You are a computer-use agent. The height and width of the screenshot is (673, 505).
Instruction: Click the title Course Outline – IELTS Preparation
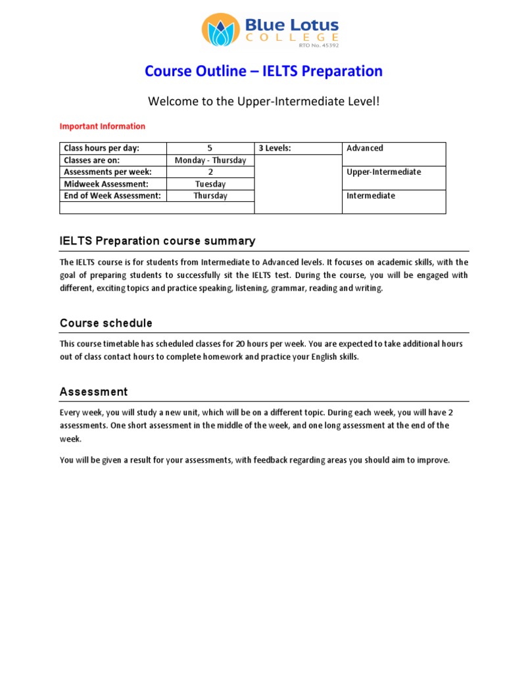[263, 71]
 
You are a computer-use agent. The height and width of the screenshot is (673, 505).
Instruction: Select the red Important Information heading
[103, 126]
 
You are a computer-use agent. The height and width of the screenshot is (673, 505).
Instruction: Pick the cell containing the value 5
[210, 149]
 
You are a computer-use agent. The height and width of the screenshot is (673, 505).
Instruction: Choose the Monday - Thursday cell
[210, 160]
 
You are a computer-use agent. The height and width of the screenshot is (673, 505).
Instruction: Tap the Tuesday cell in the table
[210, 184]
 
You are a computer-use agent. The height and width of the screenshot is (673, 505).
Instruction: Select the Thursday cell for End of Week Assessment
[210, 196]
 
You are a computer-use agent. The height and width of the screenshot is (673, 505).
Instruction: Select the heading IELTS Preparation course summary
[157, 241]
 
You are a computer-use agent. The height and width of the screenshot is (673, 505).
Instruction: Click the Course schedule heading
[106, 323]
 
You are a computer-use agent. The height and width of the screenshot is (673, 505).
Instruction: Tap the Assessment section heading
[93, 392]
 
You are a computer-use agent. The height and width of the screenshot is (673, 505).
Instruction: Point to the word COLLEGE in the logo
[292, 38]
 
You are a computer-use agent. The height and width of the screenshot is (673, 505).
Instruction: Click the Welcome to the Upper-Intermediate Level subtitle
[263, 101]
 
